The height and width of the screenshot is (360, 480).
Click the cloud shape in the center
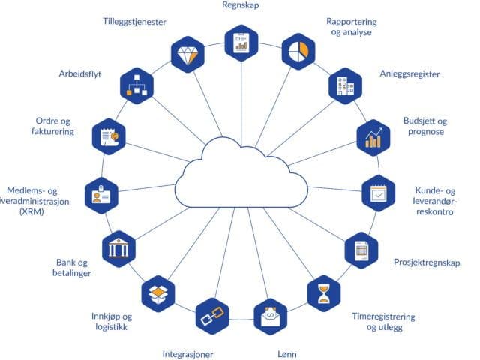[x=240, y=176]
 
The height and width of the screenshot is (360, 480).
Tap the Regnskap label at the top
[x=241, y=6]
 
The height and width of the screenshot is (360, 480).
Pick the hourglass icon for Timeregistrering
[x=324, y=292]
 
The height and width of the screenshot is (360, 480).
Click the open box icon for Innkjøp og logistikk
[x=158, y=292]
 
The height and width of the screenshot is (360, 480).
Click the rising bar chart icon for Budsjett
[x=373, y=138]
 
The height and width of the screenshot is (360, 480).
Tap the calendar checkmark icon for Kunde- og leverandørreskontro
[x=379, y=193]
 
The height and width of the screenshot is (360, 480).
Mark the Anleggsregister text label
[x=409, y=74]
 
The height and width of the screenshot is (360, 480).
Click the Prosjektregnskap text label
[x=427, y=262]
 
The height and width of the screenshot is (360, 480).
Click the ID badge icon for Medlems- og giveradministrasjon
[x=102, y=193]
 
